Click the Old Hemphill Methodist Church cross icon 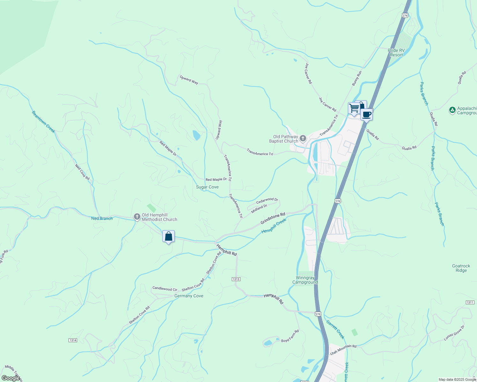137,217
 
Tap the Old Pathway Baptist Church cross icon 303,138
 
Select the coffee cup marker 367,114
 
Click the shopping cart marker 354,108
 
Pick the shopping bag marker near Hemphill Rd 168,237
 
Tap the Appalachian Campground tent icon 452,110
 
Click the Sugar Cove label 207,187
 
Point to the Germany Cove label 189,296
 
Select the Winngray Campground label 305,280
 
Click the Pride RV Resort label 396,53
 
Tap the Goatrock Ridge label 461,268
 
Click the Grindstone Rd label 273,218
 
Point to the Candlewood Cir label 165,289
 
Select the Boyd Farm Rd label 290,336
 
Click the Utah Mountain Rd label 343,350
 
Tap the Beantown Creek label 43,122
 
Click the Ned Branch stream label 102,218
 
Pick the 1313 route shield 236,279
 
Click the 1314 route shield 73,340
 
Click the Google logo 11,378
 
